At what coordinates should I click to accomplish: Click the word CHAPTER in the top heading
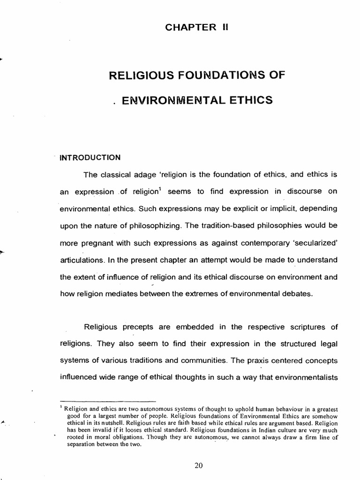pyautogui.click(x=185, y=27)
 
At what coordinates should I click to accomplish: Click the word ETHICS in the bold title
pyautogui.click(x=251, y=100)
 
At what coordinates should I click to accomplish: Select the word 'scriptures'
pyautogui.click(x=305, y=326)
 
